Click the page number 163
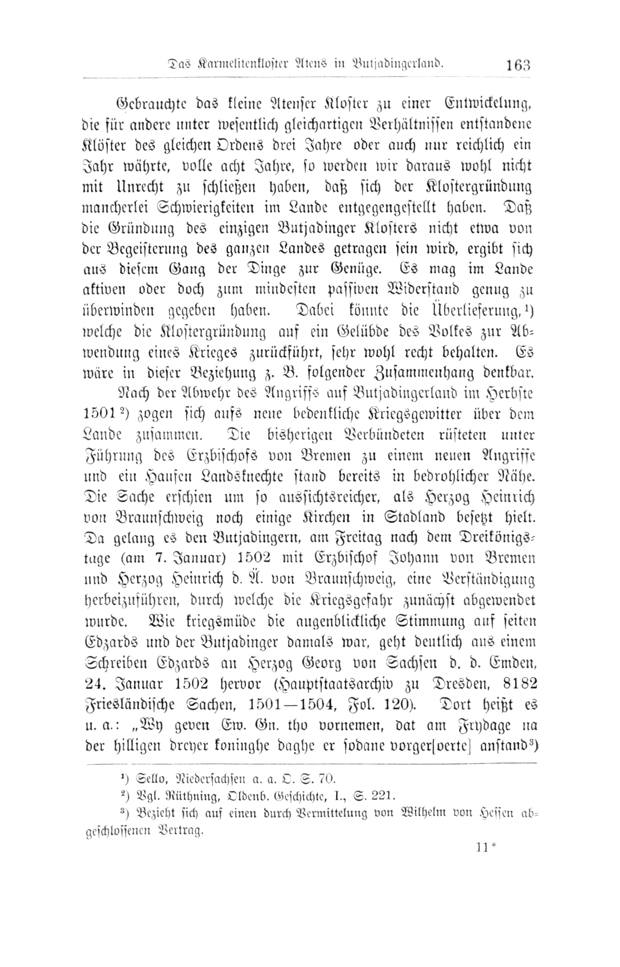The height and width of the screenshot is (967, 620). pyautogui.click(x=518, y=65)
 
